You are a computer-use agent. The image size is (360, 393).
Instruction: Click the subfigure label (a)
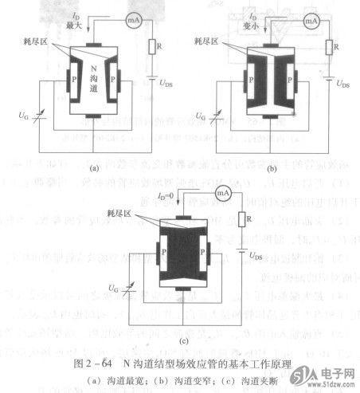(93, 168)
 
